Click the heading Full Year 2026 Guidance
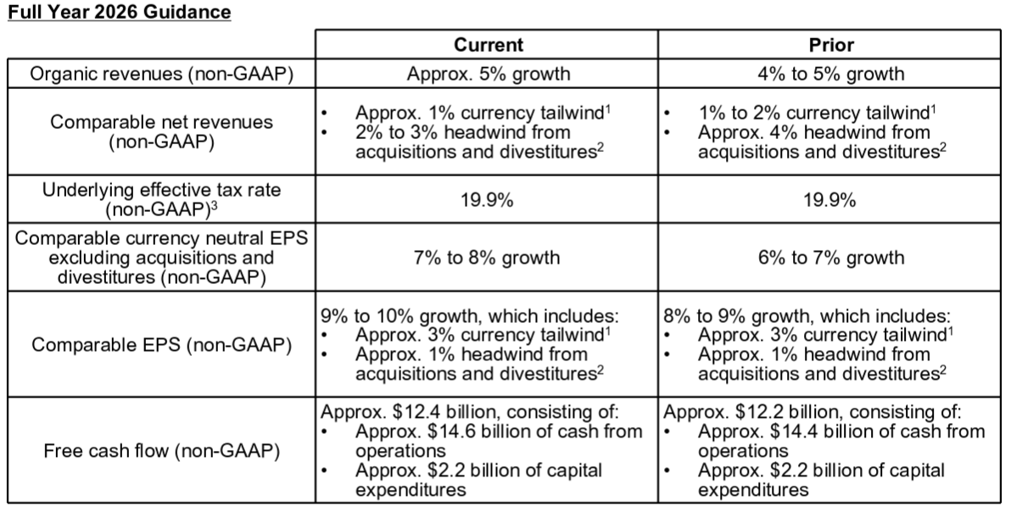[x=120, y=12]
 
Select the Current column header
[x=488, y=45]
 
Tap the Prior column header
[x=831, y=45]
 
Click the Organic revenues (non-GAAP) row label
[x=162, y=74]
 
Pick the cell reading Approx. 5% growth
[x=488, y=74]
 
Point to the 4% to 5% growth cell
[x=831, y=74]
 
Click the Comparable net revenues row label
[x=162, y=132]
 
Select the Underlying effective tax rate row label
[x=162, y=200]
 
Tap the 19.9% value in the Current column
[x=487, y=200]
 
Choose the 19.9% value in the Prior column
[x=829, y=200]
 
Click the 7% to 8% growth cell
[x=487, y=258]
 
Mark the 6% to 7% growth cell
[x=831, y=258]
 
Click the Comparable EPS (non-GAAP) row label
[x=162, y=344]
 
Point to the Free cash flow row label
[x=162, y=451]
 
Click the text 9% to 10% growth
[x=399, y=316]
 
